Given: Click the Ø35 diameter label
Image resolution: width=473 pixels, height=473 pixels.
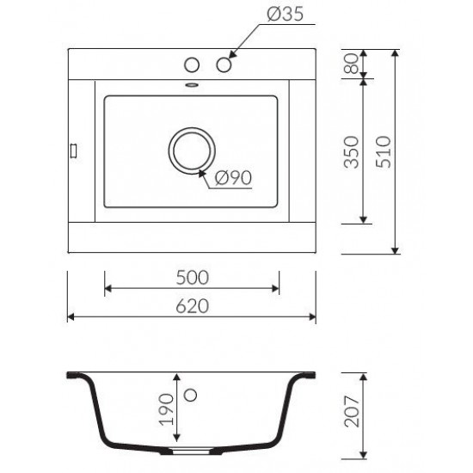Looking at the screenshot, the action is tap(285, 14).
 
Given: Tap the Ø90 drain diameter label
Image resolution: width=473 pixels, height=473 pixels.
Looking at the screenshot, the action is tap(233, 178).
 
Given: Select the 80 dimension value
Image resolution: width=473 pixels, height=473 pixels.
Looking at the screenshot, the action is tap(352, 64).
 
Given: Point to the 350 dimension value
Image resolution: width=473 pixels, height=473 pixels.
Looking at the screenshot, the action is tap(352, 152).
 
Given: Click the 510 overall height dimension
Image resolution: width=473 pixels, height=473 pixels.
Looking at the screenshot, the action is tap(384, 151).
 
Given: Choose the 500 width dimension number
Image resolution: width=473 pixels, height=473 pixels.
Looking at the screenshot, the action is tap(192, 278).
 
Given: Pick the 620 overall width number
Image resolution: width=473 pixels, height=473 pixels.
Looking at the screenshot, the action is tap(192, 306).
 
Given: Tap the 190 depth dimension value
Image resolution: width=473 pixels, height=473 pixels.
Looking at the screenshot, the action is tap(166, 409).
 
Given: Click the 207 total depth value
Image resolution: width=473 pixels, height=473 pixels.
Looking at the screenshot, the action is tap(352, 411).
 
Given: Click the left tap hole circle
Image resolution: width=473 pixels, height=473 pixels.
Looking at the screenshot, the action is tap(192, 64).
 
